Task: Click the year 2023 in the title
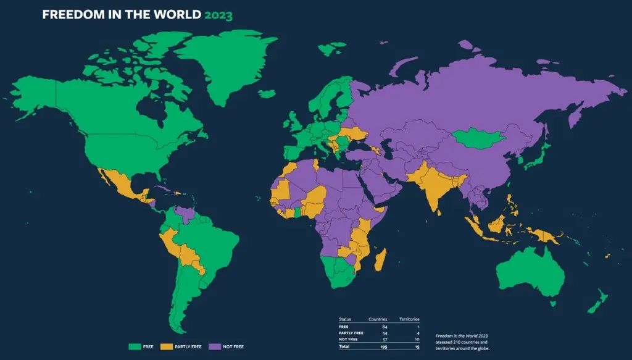coord(218,15)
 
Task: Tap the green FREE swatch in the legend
coord(134,346)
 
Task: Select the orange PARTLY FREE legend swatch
coord(167,346)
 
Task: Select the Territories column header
coord(409,319)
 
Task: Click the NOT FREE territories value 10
coord(418,339)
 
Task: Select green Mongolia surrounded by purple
coord(477,138)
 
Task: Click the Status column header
coord(346,319)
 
